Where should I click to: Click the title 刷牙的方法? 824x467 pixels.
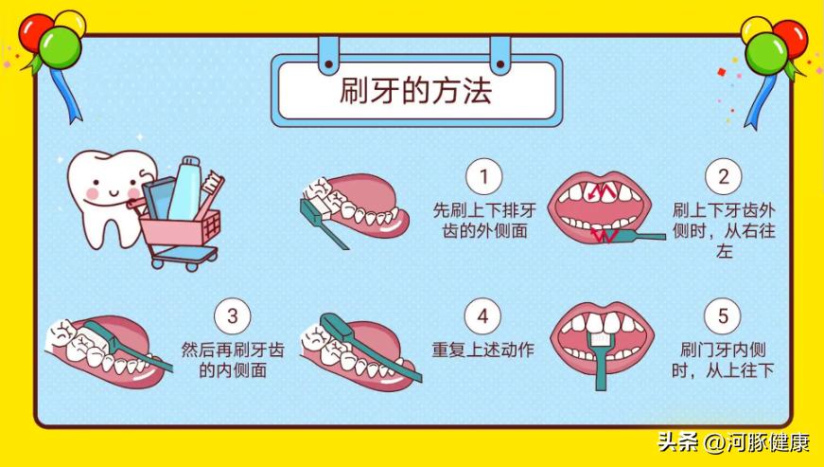pyautogui.click(x=415, y=91)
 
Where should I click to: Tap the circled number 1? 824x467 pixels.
pyautogui.click(x=484, y=176)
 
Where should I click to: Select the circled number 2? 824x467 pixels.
pyautogui.click(x=724, y=176)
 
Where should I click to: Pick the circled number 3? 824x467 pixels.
pyautogui.click(x=233, y=316)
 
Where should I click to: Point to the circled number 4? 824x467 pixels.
pyautogui.click(x=482, y=316)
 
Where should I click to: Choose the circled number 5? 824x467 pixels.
pyautogui.click(x=723, y=316)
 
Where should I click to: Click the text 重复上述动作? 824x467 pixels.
pyautogui.click(x=482, y=350)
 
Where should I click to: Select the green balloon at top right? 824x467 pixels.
pyautogui.click(x=766, y=53)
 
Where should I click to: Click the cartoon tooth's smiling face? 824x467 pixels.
pyautogui.click(x=112, y=189)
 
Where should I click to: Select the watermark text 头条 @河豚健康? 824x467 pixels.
pyautogui.click(x=733, y=442)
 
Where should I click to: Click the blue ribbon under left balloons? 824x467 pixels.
pyautogui.click(x=65, y=95)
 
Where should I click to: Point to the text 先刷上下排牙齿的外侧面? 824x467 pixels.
pyautogui.click(x=484, y=221)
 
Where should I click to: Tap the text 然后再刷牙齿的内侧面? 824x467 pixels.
pyautogui.click(x=233, y=360)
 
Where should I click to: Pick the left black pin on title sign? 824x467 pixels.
pyautogui.click(x=329, y=64)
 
